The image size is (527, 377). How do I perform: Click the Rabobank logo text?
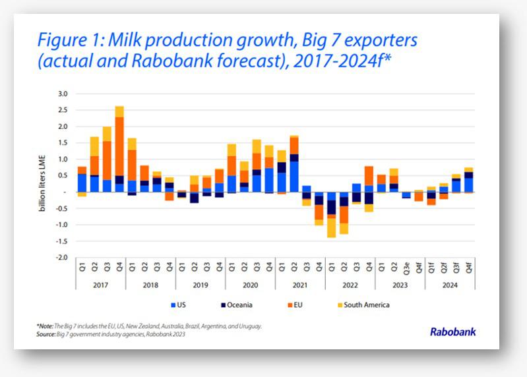452,332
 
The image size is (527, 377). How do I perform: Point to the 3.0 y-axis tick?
63,94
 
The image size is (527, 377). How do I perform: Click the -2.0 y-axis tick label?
62,257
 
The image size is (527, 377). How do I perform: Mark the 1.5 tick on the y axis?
63,143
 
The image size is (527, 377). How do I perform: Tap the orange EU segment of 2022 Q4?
369,176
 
